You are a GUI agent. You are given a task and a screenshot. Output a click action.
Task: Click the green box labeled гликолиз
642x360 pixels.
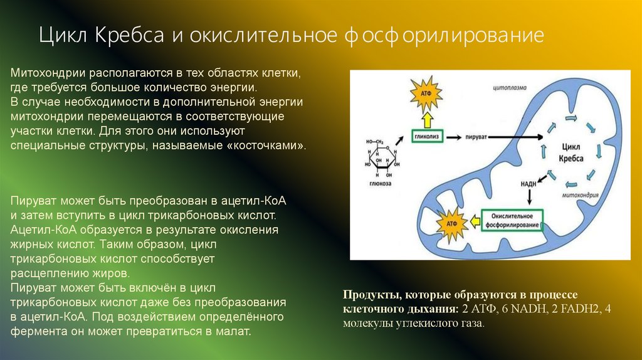tap(429, 135)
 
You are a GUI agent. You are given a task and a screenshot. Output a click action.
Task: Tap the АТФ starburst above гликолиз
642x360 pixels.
tap(426, 95)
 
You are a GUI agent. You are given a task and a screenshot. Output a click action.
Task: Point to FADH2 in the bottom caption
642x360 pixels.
tap(586, 309)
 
